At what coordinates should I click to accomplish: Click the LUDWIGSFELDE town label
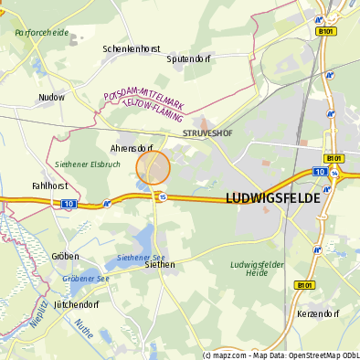pyautogui.click(x=273, y=197)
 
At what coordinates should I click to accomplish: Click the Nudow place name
pyautogui.click(x=51, y=96)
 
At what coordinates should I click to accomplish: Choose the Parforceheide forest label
pyautogui.click(x=41, y=32)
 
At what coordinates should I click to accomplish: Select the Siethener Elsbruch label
pyautogui.click(x=88, y=164)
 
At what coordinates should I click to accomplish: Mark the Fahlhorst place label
pyautogui.click(x=49, y=185)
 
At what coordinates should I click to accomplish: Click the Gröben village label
pyautogui.click(x=66, y=257)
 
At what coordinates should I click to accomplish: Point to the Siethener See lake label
pyautogui.click(x=140, y=257)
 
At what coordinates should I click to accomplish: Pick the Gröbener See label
pyautogui.click(x=86, y=278)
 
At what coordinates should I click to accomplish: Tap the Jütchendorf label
pyautogui.click(x=76, y=303)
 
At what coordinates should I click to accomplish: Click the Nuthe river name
pyautogui.click(x=85, y=327)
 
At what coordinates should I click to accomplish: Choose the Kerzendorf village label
pyautogui.click(x=319, y=313)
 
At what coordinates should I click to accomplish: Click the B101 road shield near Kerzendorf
pyautogui.click(x=304, y=285)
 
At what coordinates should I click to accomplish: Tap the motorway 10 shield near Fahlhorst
pyautogui.click(x=69, y=205)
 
